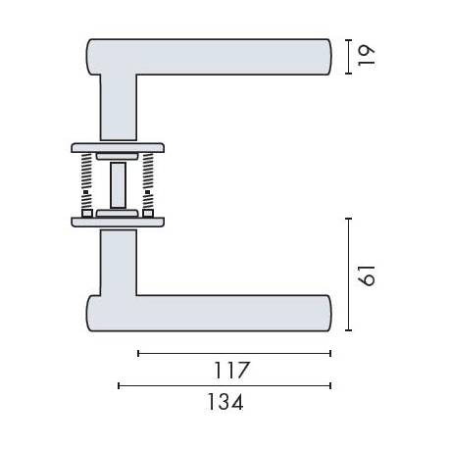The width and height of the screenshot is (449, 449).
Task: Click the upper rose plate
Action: [x=118, y=149]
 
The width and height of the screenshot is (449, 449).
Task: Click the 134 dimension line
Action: [x=224, y=386]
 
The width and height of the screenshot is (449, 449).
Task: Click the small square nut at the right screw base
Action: [x=148, y=211]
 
